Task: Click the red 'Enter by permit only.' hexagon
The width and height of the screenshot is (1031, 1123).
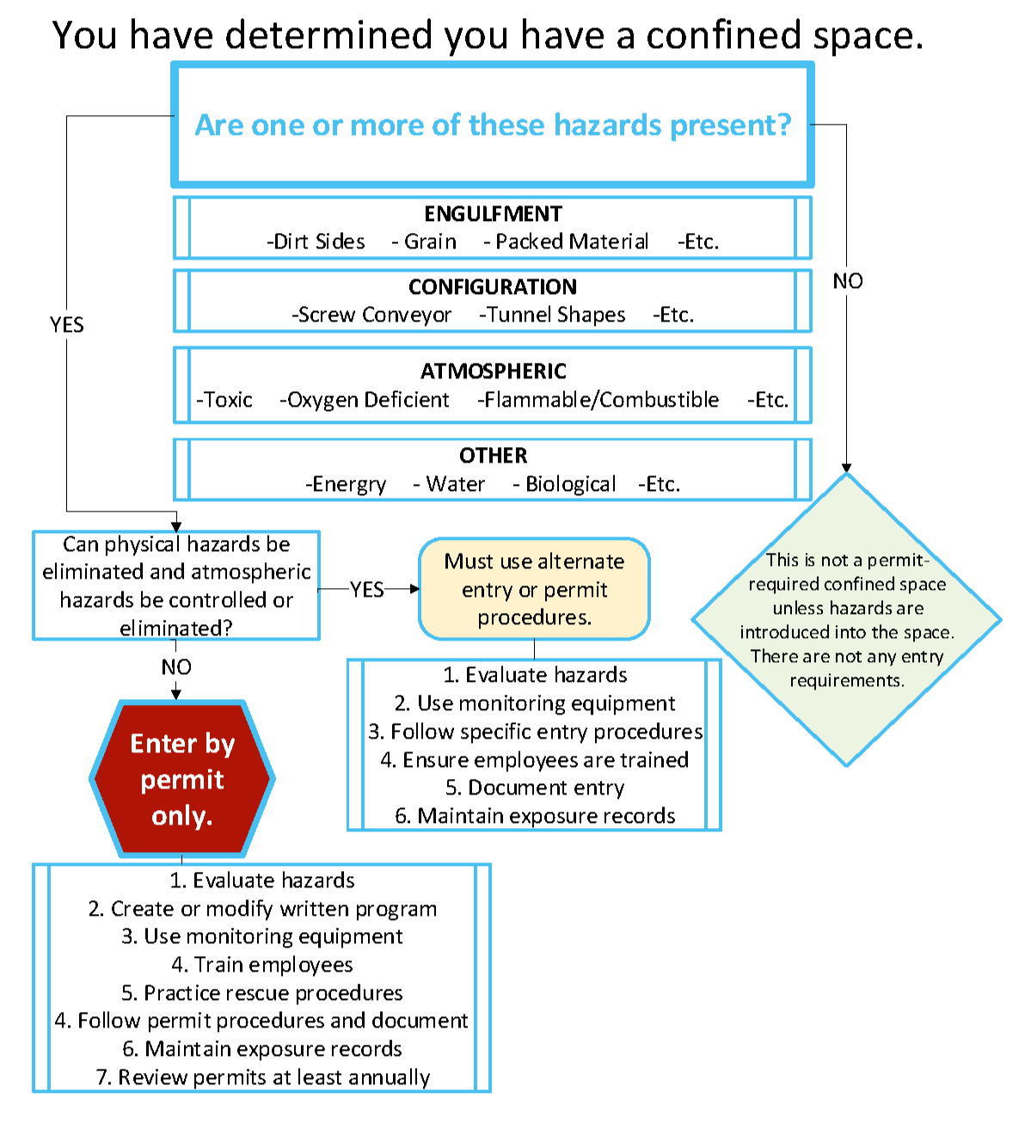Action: pos(182,779)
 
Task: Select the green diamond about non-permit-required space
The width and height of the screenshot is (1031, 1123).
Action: pos(846,619)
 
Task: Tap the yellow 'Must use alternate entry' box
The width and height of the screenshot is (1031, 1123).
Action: pos(534,589)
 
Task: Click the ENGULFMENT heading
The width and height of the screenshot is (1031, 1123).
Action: pos(493,213)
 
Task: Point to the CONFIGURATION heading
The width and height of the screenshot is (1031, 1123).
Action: pos(493,286)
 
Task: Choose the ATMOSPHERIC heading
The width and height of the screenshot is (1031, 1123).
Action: pos(493,371)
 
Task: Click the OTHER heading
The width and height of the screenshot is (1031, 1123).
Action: pos(493,455)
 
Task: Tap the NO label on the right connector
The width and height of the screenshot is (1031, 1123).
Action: pos(847,281)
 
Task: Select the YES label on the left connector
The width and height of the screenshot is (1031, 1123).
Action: pos(67,325)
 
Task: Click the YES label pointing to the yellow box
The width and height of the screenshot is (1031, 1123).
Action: pos(367,590)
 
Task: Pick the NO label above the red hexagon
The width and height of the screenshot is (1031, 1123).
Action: pos(176,667)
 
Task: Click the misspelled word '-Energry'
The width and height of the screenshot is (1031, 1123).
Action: pos(346,484)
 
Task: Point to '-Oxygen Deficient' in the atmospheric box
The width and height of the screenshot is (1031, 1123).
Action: pos(364,400)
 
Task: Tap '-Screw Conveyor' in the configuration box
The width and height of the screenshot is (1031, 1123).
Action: pos(371,315)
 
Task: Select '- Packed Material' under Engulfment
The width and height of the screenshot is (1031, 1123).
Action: pos(566,242)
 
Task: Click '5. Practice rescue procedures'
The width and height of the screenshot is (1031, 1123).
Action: pos(262,992)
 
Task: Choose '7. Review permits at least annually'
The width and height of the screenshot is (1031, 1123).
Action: pos(262,1077)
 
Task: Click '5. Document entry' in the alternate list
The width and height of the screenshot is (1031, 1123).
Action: pos(534,788)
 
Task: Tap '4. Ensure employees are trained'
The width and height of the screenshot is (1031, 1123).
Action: pos(534,759)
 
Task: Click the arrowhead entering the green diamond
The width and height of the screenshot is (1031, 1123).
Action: pos(846,468)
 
